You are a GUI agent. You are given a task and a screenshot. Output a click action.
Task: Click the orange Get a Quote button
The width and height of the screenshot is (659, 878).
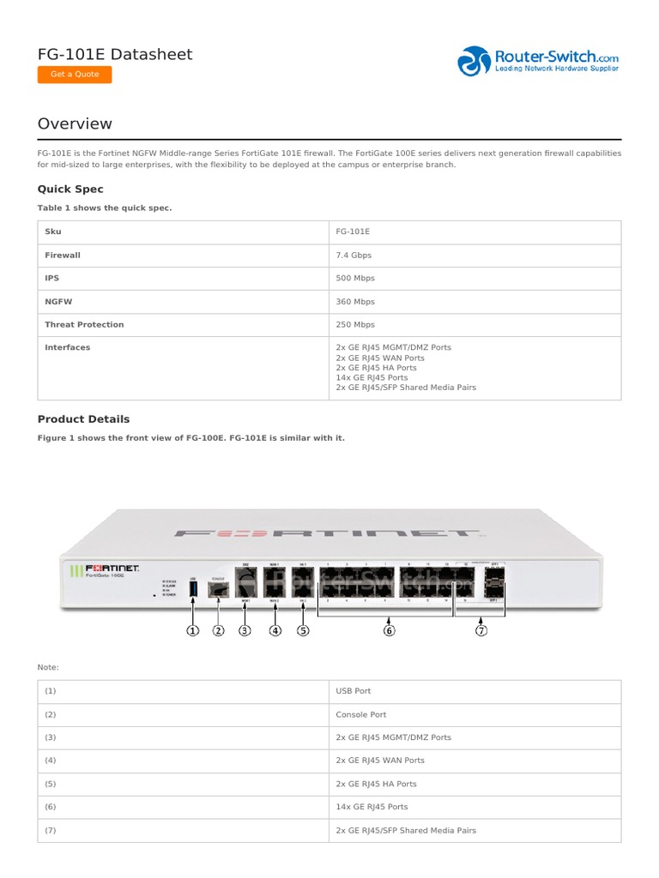pyautogui.click(x=75, y=75)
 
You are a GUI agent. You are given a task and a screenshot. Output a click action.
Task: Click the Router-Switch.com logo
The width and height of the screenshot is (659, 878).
pyautogui.click(x=538, y=61)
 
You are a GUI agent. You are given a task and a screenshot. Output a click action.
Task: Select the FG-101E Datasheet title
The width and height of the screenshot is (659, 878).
pyautogui.click(x=115, y=54)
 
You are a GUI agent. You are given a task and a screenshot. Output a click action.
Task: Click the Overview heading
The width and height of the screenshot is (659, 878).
pyautogui.click(x=75, y=123)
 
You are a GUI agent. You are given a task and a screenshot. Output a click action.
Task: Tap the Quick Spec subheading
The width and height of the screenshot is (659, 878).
pyautogui.click(x=70, y=189)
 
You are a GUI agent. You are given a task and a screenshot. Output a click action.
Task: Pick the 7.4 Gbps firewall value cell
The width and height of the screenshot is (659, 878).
pyautogui.click(x=354, y=256)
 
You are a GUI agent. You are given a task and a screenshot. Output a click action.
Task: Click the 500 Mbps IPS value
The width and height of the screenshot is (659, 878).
pyautogui.click(x=355, y=279)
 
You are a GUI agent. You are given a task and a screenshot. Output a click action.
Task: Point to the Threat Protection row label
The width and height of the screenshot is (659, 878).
pyautogui.click(x=84, y=325)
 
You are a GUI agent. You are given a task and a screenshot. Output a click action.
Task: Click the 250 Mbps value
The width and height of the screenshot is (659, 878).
pyautogui.click(x=355, y=325)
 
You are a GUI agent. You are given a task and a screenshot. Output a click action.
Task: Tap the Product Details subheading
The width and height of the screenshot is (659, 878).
pyautogui.click(x=83, y=419)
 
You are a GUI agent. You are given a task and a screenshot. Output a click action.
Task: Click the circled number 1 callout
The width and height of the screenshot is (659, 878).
pyautogui.click(x=192, y=631)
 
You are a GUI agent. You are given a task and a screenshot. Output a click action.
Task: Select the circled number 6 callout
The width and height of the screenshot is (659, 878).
pyautogui.click(x=389, y=631)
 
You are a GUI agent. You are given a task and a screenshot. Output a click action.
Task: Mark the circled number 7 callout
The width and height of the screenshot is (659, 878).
pyautogui.click(x=481, y=631)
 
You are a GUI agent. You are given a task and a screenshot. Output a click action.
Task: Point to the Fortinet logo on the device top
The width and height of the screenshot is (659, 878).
pyautogui.click(x=326, y=532)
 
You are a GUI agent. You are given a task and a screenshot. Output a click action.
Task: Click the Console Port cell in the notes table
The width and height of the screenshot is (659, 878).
pyautogui.click(x=361, y=714)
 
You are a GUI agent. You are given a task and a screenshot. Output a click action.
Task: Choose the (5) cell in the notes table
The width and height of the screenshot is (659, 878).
pyautogui.click(x=51, y=784)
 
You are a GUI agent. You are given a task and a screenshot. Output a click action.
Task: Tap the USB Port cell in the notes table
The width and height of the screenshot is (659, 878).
pyautogui.click(x=354, y=691)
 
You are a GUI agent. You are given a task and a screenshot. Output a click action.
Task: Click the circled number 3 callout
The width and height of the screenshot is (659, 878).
pyautogui.click(x=245, y=631)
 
